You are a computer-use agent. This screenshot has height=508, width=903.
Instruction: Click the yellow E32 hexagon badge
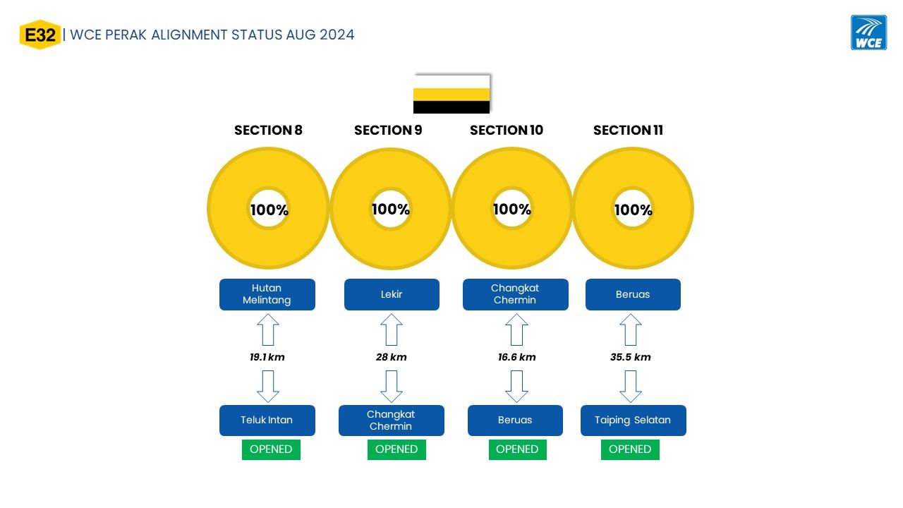[40, 35]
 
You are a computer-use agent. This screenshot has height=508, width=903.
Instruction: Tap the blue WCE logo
[868, 32]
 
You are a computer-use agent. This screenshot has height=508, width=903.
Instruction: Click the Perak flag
[451, 94]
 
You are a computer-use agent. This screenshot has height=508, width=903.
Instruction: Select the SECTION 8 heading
[268, 131]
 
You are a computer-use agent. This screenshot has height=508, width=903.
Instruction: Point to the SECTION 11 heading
[628, 131]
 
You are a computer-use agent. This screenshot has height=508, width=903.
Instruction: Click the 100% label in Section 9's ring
[391, 210]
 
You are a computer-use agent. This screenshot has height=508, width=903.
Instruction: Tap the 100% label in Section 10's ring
[512, 210]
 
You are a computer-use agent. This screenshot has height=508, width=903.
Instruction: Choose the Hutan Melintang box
[267, 294]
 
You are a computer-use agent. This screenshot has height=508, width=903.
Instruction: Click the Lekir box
[392, 294]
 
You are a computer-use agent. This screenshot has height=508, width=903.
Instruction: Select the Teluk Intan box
[267, 420]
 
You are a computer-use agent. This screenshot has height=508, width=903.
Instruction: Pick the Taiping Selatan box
[634, 420]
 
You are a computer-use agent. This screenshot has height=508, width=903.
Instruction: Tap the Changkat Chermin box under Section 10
[516, 294]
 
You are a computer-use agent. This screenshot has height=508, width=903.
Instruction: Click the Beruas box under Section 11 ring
[633, 294]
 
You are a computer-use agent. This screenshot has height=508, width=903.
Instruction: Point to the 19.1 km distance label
[267, 357]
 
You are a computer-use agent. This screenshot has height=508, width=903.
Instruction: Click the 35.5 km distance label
[631, 357]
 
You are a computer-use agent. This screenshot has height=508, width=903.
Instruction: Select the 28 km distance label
[391, 357]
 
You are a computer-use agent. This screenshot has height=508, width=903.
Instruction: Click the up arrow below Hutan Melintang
[268, 329]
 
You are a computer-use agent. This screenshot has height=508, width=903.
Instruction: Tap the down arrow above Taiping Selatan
[631, 387]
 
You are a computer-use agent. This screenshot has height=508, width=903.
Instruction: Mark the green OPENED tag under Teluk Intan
[271, 449]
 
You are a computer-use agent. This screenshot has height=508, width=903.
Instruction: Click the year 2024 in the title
[337, 35]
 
